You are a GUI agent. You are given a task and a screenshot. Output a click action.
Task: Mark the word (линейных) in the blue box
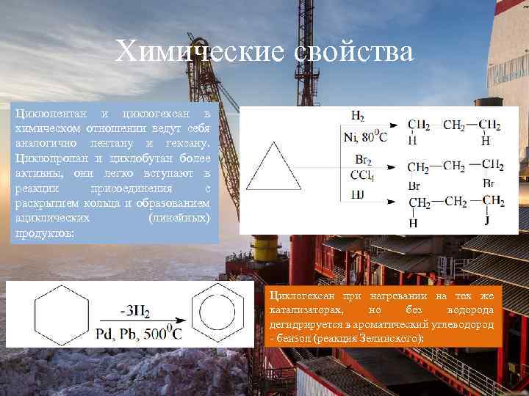tap(179, 218)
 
